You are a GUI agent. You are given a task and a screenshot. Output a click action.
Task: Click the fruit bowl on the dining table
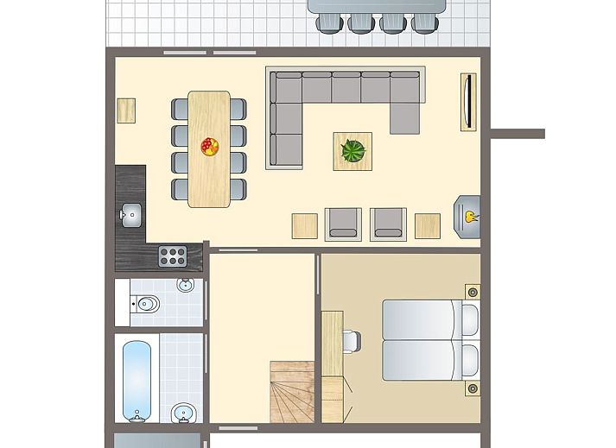210,146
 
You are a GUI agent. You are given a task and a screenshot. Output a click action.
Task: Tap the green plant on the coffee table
352,151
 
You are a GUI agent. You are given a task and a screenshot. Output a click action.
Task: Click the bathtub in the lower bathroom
137,380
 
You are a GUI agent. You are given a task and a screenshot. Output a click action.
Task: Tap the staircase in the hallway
292,390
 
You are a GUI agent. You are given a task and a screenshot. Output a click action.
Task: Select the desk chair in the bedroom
352,340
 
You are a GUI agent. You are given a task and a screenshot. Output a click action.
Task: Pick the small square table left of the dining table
126,110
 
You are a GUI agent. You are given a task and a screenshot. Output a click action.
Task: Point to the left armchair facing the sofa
343,224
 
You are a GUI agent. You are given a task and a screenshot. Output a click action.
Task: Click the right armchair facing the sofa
388,224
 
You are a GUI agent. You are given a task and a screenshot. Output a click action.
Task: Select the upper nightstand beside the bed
472,292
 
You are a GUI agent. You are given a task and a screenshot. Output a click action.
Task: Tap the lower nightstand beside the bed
472,388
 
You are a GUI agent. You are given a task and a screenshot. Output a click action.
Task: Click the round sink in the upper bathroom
185,284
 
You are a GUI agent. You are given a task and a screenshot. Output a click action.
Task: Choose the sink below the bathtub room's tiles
183,413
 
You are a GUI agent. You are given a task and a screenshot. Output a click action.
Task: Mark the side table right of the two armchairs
428,225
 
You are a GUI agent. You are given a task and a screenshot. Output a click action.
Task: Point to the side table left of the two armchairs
305,225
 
